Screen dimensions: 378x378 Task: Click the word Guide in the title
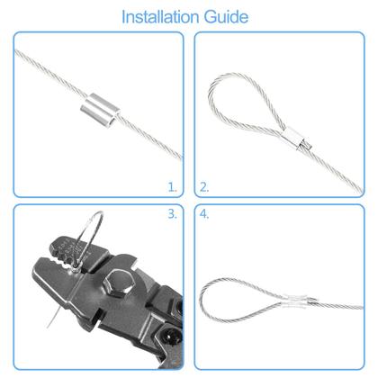pyautogui.click(x=225, y=16)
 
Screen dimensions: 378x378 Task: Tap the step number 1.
pyautogui.click(x=173, y=187)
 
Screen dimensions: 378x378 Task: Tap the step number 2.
pyautogui.click(x=204, y=187)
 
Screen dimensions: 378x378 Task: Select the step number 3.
pyautogui.click(x=173, y=215)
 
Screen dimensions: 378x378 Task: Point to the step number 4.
pyautogui.click(x=204, y=215)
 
